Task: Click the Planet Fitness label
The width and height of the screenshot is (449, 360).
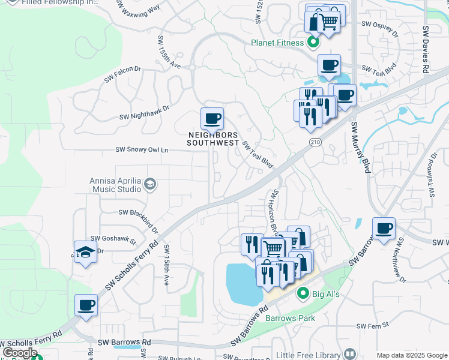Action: tap(277, 42)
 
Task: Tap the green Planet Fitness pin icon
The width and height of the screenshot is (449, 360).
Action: tap(313, 42)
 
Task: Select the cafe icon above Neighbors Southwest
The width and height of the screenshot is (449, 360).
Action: tap(211, 119)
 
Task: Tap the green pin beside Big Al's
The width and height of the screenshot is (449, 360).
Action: tap(303, 293)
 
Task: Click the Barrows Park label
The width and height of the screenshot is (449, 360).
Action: tap(291, 318)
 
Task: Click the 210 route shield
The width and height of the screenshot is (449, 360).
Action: tap(315, 142)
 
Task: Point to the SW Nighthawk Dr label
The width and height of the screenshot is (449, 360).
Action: tap(145, 113)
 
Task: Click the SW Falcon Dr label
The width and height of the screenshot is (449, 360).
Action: tap(122, 74)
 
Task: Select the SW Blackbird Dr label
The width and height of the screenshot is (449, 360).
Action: tap(139, 217)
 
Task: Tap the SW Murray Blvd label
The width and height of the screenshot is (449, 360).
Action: tap(359, 147)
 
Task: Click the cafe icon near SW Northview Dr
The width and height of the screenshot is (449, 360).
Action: tap(384, 229)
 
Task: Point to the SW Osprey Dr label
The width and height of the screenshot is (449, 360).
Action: tap(379, 29)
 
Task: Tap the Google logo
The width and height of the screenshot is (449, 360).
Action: tap(20, 352)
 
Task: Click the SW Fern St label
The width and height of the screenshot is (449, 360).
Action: tap(373, 326)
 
